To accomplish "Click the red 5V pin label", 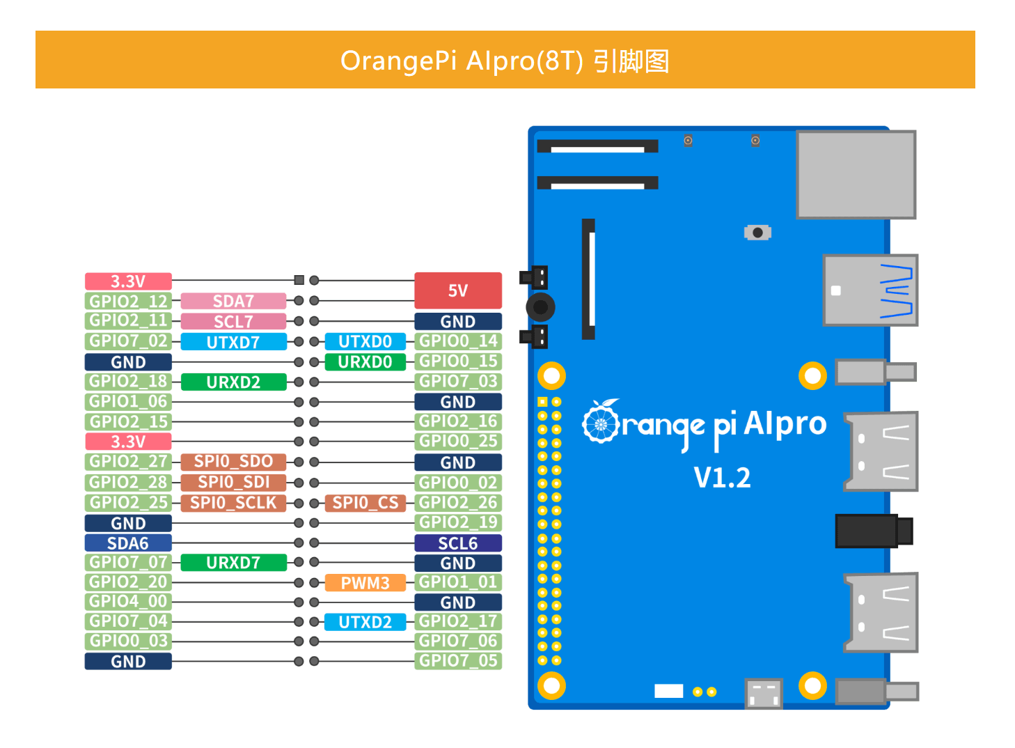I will pyautogui.click(x=457, y=290).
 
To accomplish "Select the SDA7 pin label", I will pyautogui.click(x=233, y=301).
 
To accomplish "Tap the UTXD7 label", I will pyautogui.click(x=233, y=342).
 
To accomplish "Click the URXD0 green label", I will pyautogui.click(x=365, y=362).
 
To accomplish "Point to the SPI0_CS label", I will pyautogui.click(x=365, y=503).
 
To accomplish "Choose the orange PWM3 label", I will pyautogui.click(x=365, y=583).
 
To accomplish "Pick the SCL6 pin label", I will pyautogui.click(x=457, y=543).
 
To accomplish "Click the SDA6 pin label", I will pyautogui.click(x=128, y=543).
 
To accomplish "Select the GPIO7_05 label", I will pyautogui.click(x=457, y=661).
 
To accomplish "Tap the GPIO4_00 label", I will pyautogui.click(x=128, y=602).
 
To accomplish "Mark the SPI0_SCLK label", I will pyautogui.click(x=233, y=503).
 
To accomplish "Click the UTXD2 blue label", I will pyautogui.click(x=365, y=622).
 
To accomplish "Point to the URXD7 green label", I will pyautogui.click(x=233, y=563).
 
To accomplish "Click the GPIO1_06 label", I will pyautogui.click(x=128, y=402).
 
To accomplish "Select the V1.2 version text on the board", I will pyautogui.click(x=722, y=478).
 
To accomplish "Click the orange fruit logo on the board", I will pyautogui.click(x=600, y=421).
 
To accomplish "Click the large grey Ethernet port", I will pyautogui.click(x=856, y=174).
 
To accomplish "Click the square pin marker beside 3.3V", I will pyautogui.click(x=299, y=280).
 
